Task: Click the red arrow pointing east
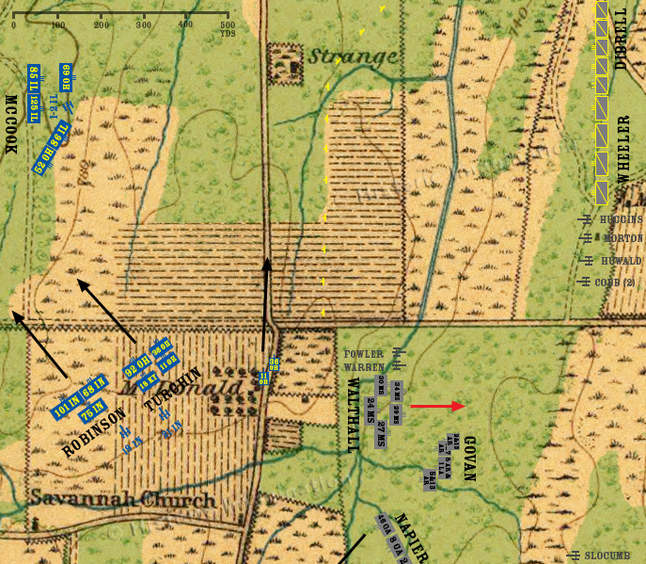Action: click(437, 407)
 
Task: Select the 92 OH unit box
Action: click(137, 367)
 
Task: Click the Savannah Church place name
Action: click(122, 498)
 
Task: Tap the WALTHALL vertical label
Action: click(354, 415)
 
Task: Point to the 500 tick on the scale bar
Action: click(227, 24)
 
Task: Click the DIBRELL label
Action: click(621, 38)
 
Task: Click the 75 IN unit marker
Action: click(90, 411)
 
